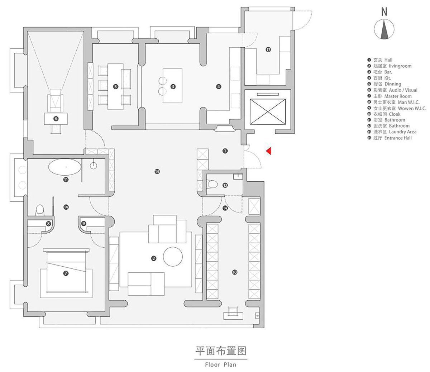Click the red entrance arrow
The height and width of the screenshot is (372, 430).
coord(268,151)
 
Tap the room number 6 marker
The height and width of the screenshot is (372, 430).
coord(56,119)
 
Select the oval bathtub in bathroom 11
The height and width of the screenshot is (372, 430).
coord(65,167)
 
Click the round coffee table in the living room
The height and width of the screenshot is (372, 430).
coord(173,257)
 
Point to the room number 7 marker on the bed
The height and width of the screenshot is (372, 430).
coord(66,273)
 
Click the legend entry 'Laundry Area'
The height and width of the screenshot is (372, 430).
coord(402,132)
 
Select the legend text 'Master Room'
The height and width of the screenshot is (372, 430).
coord(398,96)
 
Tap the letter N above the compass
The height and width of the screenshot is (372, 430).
coord(384,12)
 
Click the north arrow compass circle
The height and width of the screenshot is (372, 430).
coord(384,29)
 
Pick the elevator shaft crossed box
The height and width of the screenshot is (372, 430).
coord(268,111)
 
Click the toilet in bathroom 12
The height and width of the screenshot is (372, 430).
coord(212,184)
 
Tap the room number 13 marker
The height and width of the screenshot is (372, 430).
coord(268,50)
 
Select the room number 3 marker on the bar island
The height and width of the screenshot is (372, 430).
coord(173,87)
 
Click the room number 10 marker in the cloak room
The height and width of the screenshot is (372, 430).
coord(235,272)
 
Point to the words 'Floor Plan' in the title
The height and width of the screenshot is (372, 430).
coord(220,364)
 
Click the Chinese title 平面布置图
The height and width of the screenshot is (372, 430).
coord(221,351)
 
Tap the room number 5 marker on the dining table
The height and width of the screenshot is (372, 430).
coord(116,87)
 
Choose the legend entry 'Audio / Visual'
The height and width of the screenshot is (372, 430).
coord(403,90)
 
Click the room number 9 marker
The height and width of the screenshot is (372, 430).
coord(83,224)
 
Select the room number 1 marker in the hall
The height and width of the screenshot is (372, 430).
coord(225,151)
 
